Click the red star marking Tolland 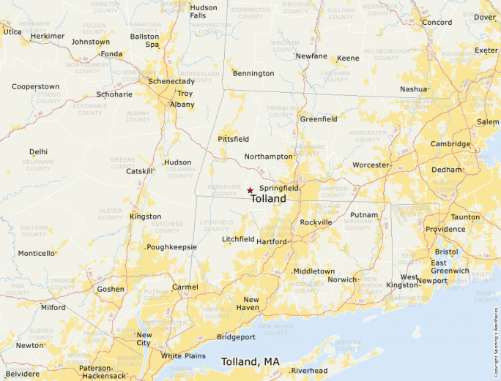pos(250,190)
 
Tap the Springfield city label pos(278,188)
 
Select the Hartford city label pos(272,241)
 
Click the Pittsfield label pos(233,138)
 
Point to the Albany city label pos(182,105)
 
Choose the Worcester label pos(371,165)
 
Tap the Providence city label pos(445,229)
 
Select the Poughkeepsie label pos(172,247)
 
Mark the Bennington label pos(253,73)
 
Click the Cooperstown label pos(35,86)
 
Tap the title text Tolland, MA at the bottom pos(250,362)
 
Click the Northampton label pos(268,156)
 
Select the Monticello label pos(37,254)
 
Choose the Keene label pos(349,58)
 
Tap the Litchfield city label pos(239,239)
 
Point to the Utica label pos(12,31)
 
